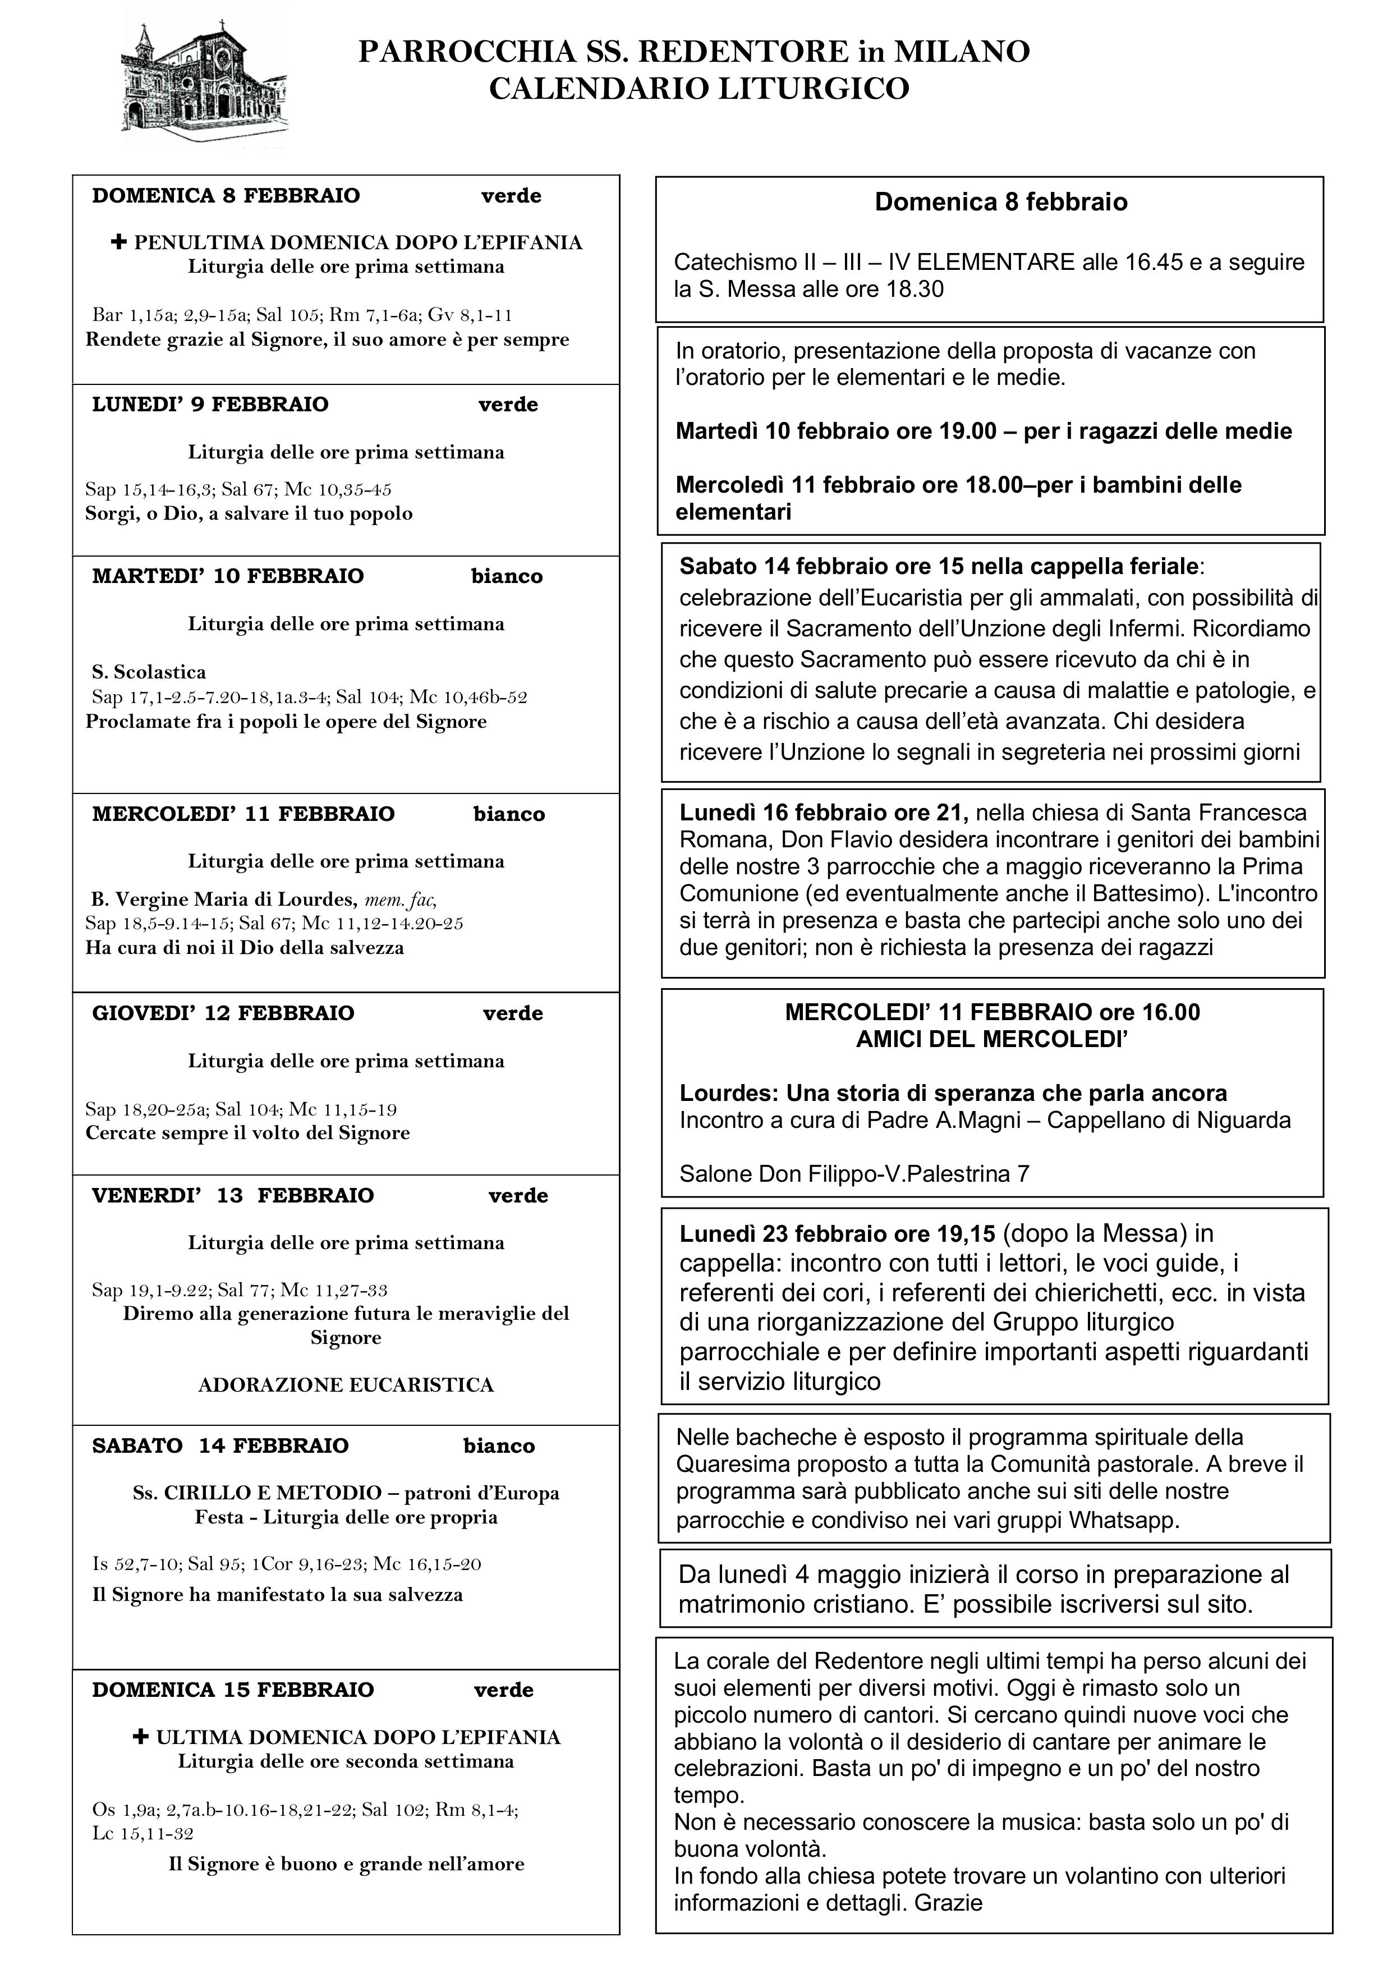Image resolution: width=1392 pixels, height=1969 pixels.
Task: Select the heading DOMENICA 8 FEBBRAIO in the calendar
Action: pos(226,195)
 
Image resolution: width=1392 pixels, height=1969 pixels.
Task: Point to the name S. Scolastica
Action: pos(148,672)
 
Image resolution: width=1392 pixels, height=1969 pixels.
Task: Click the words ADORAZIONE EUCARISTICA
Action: pos(346,1385)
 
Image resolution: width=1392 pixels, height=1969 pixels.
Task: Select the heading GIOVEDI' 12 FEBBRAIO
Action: pos(223,1013)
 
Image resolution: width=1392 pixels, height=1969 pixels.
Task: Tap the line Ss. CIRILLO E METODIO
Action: pos(346,1493)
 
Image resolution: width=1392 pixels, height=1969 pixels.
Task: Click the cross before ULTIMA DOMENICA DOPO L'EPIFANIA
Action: pos(141,1737)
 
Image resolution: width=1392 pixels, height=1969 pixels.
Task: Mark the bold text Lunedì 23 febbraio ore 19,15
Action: pos(837,1234)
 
